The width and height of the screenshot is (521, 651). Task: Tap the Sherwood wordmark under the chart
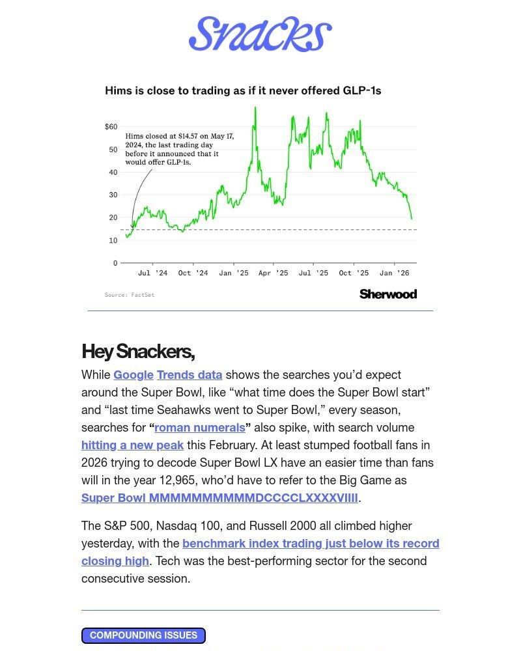click(x=387, y=294)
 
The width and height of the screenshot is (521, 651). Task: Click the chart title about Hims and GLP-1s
click(x=243, y=91)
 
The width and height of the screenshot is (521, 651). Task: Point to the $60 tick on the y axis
click(x=111, y=126)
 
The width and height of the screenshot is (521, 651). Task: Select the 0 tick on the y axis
click(x=115, y=263)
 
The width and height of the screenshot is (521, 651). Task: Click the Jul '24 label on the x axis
click(x=152, y=273)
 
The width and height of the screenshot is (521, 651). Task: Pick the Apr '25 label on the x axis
click(x=273, y=273)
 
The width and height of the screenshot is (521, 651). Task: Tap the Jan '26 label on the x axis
click(x=394, y=273)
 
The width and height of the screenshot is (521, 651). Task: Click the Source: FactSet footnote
click(x=130, y=295)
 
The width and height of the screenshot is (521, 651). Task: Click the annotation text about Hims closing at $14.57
click(x=178, y=149)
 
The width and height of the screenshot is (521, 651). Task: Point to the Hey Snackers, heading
click(x=138, y=352)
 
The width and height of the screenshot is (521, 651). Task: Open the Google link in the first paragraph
click(x=134, y=375)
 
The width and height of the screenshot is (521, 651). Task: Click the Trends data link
click(x=190, y=375)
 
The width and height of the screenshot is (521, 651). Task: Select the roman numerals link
click(x=199, y=428)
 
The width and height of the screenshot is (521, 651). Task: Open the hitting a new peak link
click(x=132, y=445)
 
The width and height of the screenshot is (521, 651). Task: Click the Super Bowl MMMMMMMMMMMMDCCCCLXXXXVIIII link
click(x=219, y=498)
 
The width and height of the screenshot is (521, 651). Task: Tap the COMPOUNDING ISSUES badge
click(x=143, y=635)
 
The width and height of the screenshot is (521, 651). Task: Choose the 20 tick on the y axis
click(x=113, y=217)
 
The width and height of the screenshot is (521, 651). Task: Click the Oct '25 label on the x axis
click(x=354, y=273)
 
